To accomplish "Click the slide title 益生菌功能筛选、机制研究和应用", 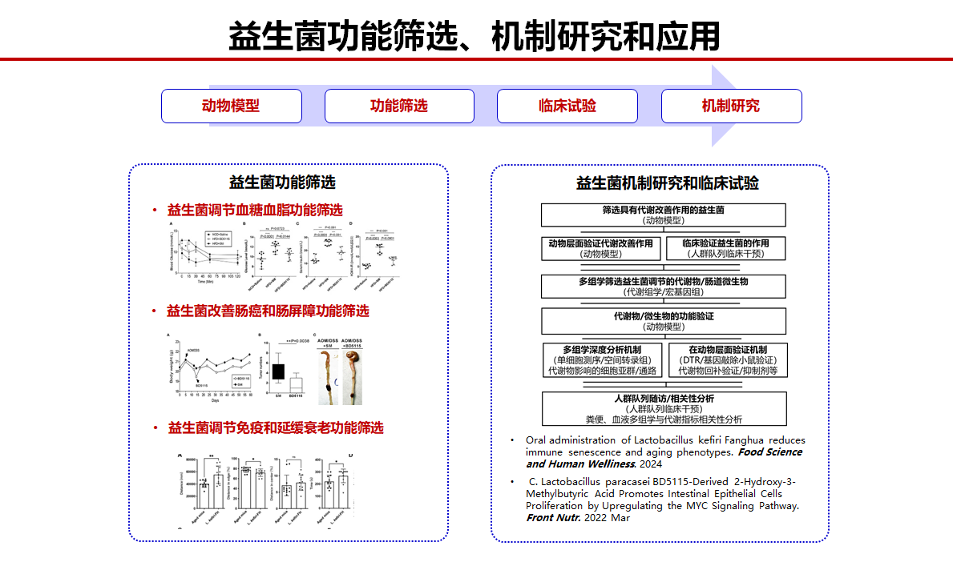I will coord(474,36).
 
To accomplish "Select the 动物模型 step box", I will coord(231,106).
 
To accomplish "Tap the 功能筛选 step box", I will coord(399,106).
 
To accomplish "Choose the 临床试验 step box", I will coord(567,106).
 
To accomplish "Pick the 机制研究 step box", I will coord(731,106).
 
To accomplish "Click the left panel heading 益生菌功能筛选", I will coord(282,182).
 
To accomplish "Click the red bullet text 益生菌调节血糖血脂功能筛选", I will coord(255,211).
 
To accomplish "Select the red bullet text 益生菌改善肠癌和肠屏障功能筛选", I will coord(268,311).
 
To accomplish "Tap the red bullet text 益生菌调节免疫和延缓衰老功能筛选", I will coord(275,428).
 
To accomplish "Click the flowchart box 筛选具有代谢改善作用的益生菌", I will coord(663,215).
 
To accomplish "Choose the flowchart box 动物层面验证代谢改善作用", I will coord(602,248).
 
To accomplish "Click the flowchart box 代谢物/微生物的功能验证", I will coord(663,321).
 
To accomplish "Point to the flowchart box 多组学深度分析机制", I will coord(602,360).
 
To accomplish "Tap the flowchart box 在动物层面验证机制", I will coord(727,360).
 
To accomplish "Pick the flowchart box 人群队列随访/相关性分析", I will coord(663,408).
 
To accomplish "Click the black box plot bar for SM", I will coord(277,371).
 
